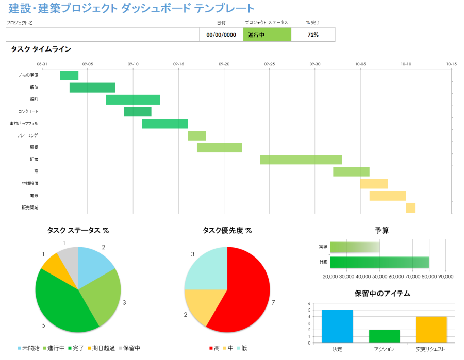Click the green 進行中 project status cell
(x=267, y=35)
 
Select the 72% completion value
(x=313, y=35)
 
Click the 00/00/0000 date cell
(x=221, y=35)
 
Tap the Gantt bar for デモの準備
(x=69, y=75)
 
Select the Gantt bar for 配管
(x=301, y=160)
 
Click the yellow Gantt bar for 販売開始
(x=410, y=208)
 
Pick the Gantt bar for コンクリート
(x=138, y=112)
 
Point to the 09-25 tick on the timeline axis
(x=270, y=64)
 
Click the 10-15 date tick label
(x=451, y=64)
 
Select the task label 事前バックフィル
(x=24, y=124)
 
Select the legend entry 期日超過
(x=104, y=348)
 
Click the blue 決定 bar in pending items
(x=337, y=326)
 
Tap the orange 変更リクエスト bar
(x=431, y=329)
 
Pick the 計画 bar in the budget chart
(x=379, y=262)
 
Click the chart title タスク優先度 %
(x=227, y=231)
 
